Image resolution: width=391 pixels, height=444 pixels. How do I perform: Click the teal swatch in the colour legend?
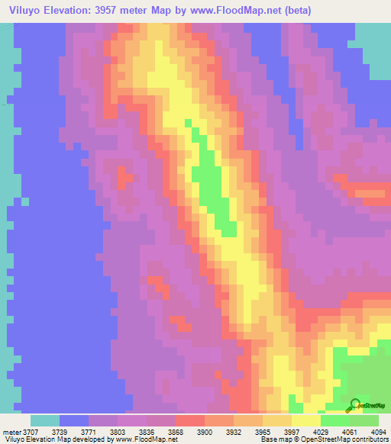click(45, 420)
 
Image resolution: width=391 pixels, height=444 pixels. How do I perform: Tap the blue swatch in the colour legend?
click(74, 420)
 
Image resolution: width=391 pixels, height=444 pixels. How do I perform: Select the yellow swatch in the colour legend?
click(305, 420)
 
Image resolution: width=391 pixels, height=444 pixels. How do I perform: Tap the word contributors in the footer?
click(369, 439)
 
